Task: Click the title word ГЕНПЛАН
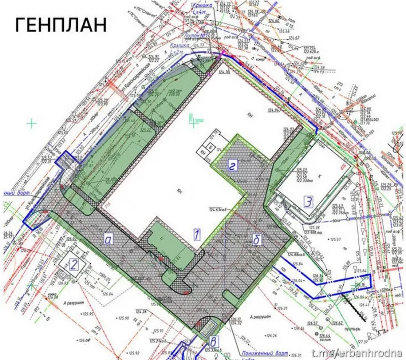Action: pos(61,24)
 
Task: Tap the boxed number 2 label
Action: pos(74,264)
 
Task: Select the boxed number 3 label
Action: pos(308,201)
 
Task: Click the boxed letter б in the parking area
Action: pos(256,240)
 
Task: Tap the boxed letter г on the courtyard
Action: pos(232,165)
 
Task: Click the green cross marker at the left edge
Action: pos(32,122)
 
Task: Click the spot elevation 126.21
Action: pos(282,308)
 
